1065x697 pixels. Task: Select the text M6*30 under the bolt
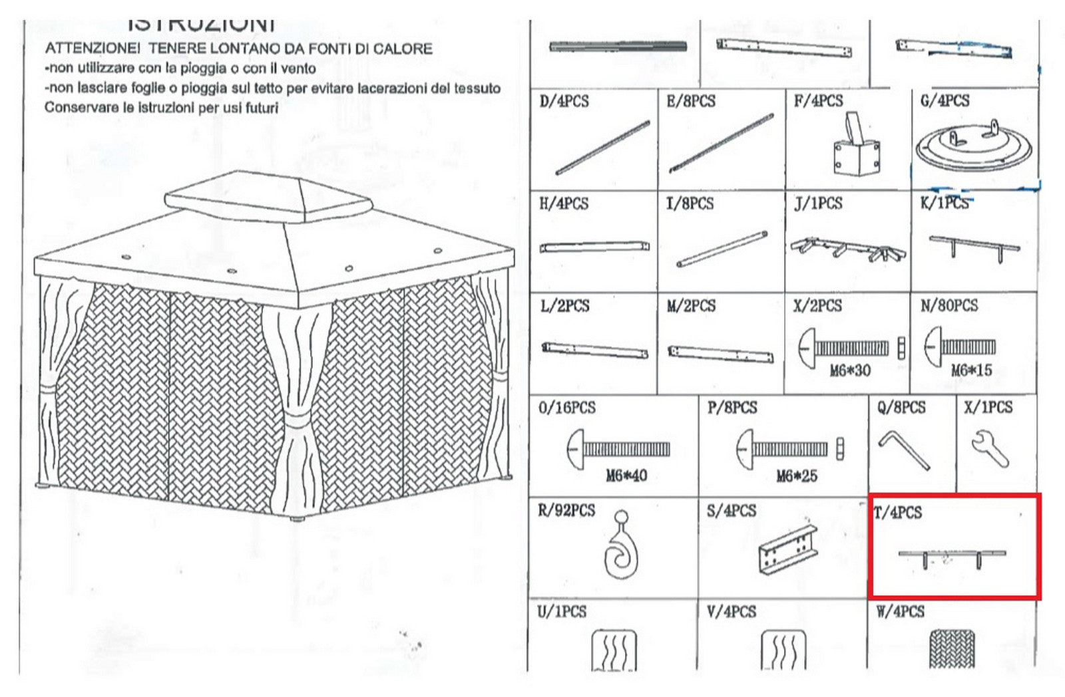(x=850, y=370)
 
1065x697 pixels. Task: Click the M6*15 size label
(x=970, y=370)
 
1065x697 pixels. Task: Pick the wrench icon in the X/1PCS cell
(x=990, y=448)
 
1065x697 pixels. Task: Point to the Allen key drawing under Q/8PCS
(x=903, y=450)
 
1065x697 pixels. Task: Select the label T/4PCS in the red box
(x=898, y=512)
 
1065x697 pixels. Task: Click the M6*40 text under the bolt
(x=626, y=476)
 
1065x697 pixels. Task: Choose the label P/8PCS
(x=732, y=407)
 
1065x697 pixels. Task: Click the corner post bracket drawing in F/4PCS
(x=857, y=146)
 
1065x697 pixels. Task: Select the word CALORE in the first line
(x=403, y=49)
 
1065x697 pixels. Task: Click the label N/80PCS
(x=949, y=305)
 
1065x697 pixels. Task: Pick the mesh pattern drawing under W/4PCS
(x=951, y=649)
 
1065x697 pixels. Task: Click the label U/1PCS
(x=562, y=611)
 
